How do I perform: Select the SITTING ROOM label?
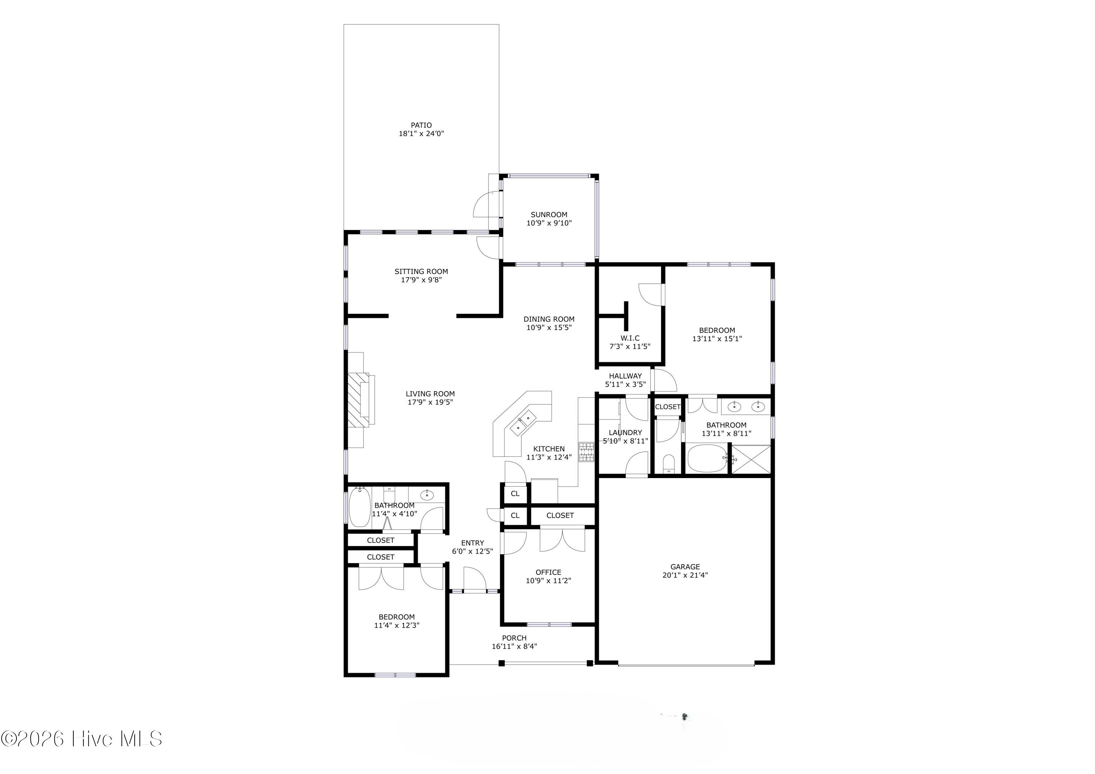point(421,272)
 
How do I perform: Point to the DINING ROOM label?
point(549,319)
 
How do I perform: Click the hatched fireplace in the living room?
point(358,400)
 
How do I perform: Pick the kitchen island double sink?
point(523,423)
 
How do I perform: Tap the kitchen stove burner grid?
point(586,452)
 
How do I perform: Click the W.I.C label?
point(630,338)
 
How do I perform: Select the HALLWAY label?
point(625,376)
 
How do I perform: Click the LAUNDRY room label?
point(625,432)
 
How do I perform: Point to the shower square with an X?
point(751,459)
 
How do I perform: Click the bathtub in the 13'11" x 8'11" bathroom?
point(707,459)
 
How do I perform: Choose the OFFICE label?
point(549,572)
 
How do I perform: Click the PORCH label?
point(514,638)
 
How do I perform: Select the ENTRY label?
point(472,543)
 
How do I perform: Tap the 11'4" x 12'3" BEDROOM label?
point(396,617)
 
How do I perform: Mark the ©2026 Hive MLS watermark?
point(81,739)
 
